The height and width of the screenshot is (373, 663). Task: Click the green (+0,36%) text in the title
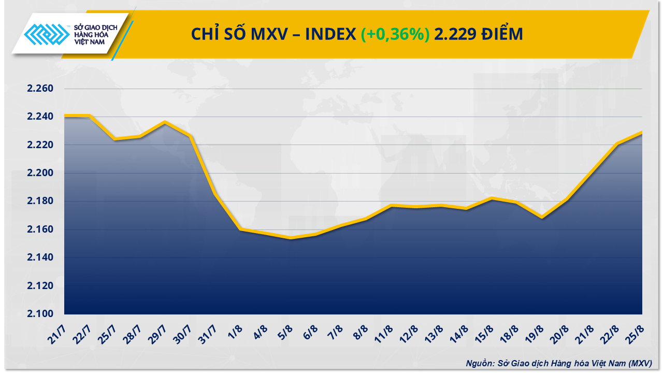coord(395,34)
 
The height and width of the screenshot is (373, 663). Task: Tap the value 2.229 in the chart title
coord(454,34)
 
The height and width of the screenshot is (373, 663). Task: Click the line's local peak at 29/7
coord(165,122)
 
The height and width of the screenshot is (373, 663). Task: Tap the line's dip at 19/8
coord(542,217)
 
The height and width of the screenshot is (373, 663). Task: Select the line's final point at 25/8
coord(641,133)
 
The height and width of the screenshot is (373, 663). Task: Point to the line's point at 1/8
coord(240,229)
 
